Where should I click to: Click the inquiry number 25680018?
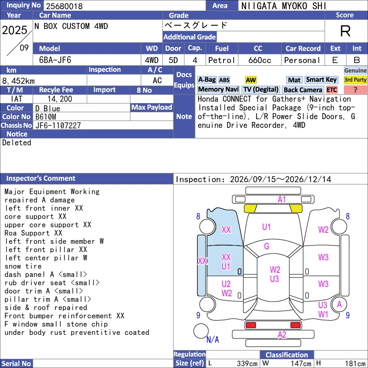pyautogui.click(x=64, y=6)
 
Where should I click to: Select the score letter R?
pyautogui.click(x=345, y=31)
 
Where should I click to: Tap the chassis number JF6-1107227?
pyautogui.click(x=58, y=126)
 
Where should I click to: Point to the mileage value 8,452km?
pyautogui.click(x=18, y=81)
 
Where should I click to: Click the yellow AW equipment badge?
pyautogui.click(x=251, y=80)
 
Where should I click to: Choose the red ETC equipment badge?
pyautogui.click(x=332, y=90)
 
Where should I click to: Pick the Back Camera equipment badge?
pyautogui.click(x=303, y=90)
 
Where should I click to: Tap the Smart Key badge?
pyautogui.click(x=321, y=80)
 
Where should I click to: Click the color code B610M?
pyautogui.click(x=46, y=117)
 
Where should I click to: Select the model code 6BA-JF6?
pyautogui.click(x=55, y=60)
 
